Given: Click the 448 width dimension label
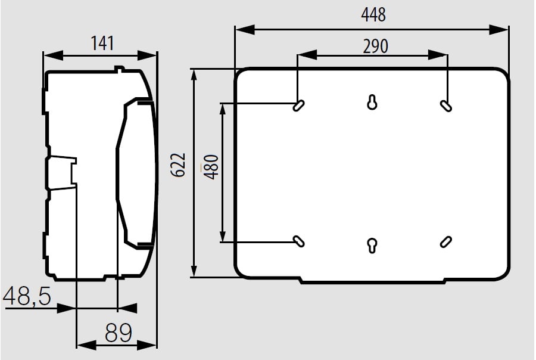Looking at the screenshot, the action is pyautogui.click(x=373, y=15).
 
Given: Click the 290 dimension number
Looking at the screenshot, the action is pyautogui.click(x=375, y=46).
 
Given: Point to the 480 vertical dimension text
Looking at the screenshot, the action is pyautogui.click(x=211, y=167).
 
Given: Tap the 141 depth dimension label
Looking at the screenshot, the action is pyautogui.click(x=102, y=44).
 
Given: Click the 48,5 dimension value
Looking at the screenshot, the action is pyautogui.click(x=27, y=296).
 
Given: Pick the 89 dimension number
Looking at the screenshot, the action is pyautogui.click(x=119, y=333).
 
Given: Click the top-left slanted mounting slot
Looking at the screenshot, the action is pyautogui.click(x=299, y=105).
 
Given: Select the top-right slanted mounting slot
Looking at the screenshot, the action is pyautogui.click(x=445, y=105).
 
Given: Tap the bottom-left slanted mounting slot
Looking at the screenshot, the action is pyautogui.click(x=299, y=241).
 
